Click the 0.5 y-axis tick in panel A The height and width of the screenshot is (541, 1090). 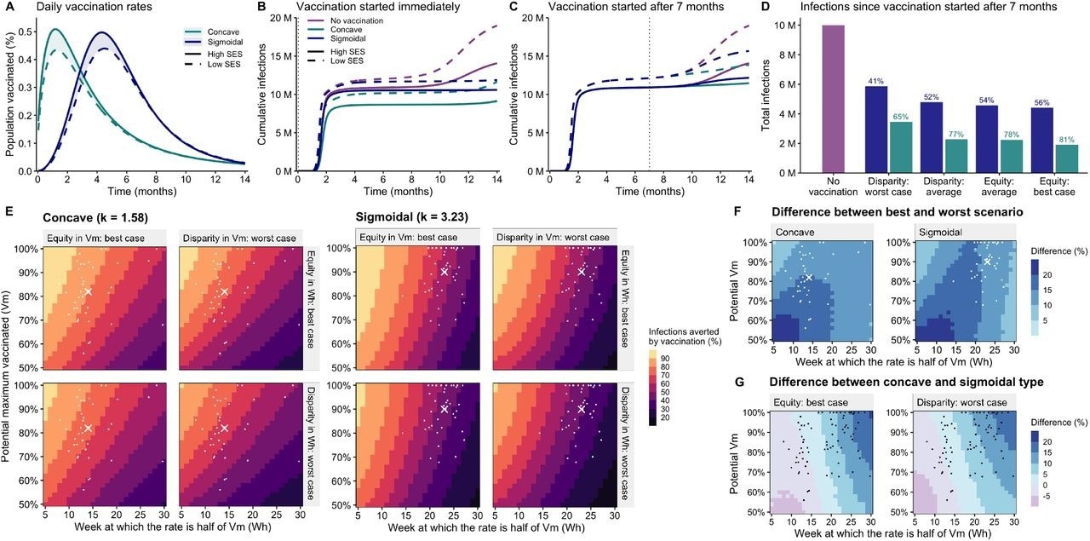26,32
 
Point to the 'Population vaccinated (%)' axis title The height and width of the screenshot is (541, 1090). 9,94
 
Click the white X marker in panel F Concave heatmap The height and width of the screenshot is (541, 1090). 809,278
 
